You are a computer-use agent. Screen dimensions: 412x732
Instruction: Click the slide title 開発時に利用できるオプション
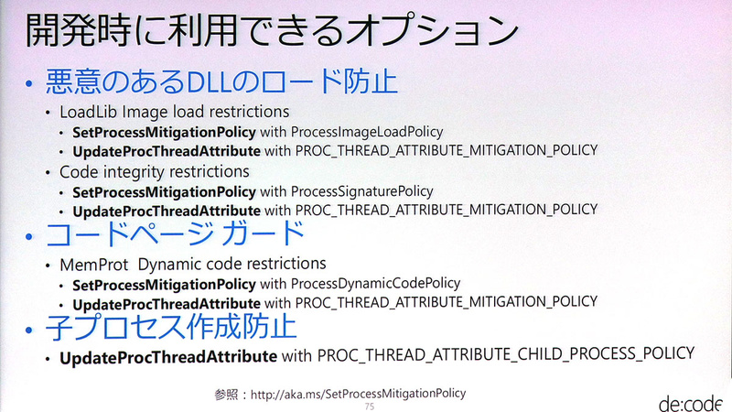[x=265, y=33]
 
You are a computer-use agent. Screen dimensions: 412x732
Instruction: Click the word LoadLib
[x=90, y=112]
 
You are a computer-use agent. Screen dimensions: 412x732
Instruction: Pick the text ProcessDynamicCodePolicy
[x=375, y=283]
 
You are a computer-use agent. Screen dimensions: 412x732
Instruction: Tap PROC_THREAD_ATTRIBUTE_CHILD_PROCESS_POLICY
[x=505, y=353]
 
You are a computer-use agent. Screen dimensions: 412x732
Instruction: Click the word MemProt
[x=91, y=265]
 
